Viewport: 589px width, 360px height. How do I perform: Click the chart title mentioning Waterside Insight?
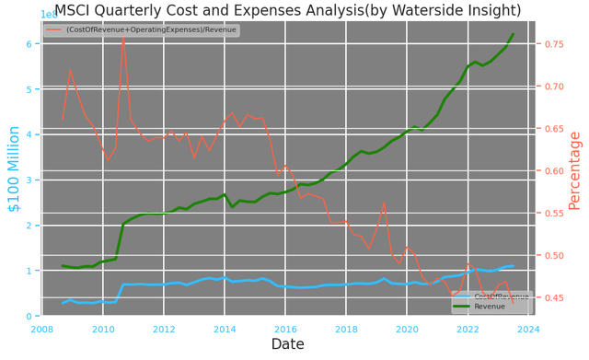pos(294,10)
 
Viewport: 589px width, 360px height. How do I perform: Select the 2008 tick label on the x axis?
pos(41,329)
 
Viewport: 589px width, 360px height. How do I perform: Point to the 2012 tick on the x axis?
pos(164,329)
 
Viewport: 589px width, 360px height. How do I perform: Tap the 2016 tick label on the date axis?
pos(285,329)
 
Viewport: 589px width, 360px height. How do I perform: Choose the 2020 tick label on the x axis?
pos(407,329)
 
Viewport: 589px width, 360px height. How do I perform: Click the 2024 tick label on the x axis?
pos(528,329)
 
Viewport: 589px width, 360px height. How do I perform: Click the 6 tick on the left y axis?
pos(30,44)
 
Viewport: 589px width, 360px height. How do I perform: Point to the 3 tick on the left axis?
pos(30,180)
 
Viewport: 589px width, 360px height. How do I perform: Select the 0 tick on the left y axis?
pos(30,316)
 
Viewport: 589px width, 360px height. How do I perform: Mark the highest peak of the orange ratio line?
pos(123,38)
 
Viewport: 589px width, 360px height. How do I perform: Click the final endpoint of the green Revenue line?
pos(514,34)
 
